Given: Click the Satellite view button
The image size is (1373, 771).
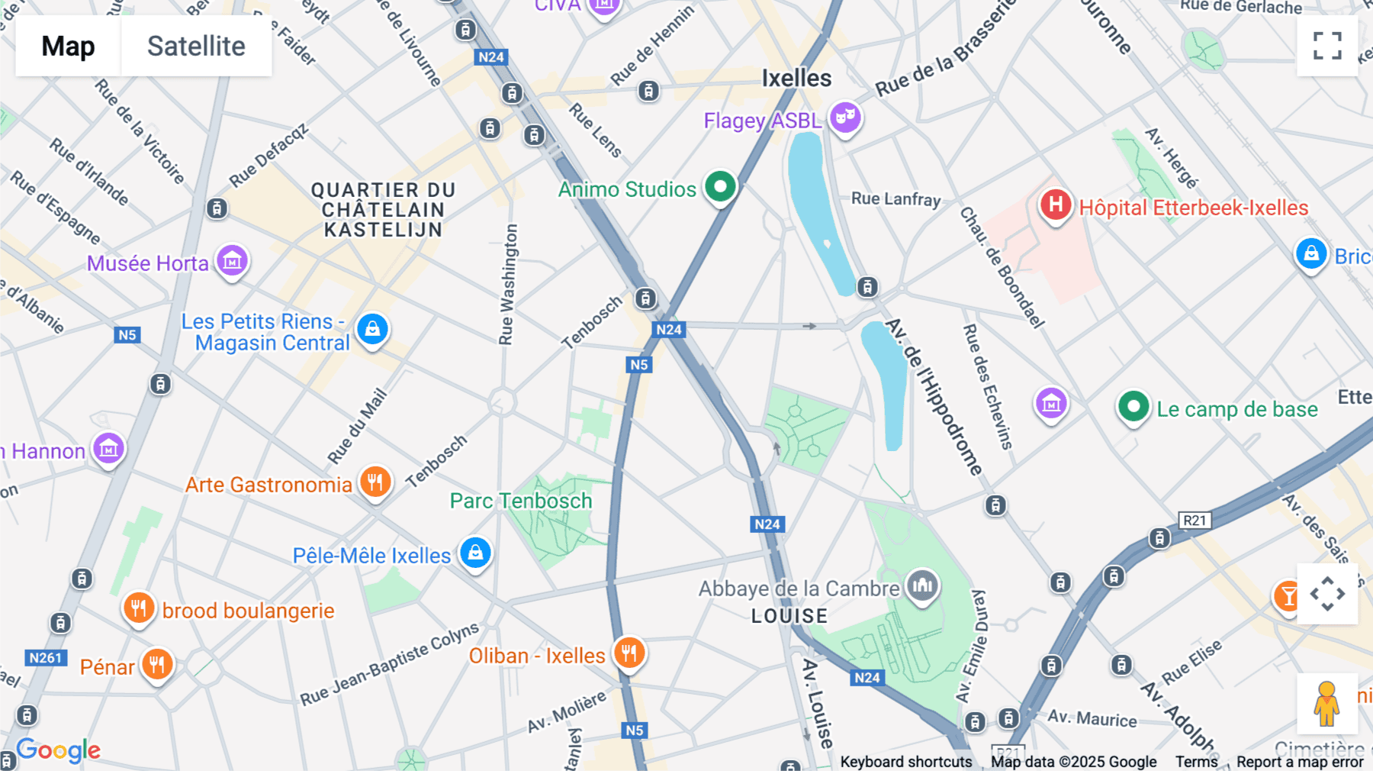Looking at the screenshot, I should [x=196, y=46].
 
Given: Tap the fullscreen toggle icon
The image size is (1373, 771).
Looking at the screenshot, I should [x=1327, y=46].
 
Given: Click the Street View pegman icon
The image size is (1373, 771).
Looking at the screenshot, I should [x=1326, y=703].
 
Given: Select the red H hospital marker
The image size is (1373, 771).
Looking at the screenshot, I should [x=1056, y=205].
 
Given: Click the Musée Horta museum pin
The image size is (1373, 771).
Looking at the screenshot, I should [x=232, y=261].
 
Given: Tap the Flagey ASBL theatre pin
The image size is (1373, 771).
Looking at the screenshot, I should [x=845, y=118].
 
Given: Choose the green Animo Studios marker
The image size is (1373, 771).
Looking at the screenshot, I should [x=719, y=186].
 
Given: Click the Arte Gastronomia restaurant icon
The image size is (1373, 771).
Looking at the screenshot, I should [x=375, y=482].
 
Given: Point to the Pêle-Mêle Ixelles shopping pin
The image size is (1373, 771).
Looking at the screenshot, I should [x=475, y=553].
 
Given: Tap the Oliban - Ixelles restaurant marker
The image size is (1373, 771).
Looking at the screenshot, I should [x=629, y=653].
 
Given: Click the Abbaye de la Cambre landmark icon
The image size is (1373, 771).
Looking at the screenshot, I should [x=922, y=586].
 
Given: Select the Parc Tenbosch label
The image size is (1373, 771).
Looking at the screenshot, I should [x=521, y=501].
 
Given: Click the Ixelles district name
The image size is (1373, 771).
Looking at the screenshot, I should [x=796, y=78].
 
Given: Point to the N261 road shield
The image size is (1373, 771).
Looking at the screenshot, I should [x=46, y=658].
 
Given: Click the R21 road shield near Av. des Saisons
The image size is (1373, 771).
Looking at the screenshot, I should [x=1194, y=521].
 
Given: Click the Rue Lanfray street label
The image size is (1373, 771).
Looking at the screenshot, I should [x=896, y=198].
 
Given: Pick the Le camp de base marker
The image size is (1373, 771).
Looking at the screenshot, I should [x=1133, y=407].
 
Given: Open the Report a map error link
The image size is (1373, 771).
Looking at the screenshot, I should [x=1300, y=762].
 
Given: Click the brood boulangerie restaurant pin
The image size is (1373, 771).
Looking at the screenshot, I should [x=139, y=608].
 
